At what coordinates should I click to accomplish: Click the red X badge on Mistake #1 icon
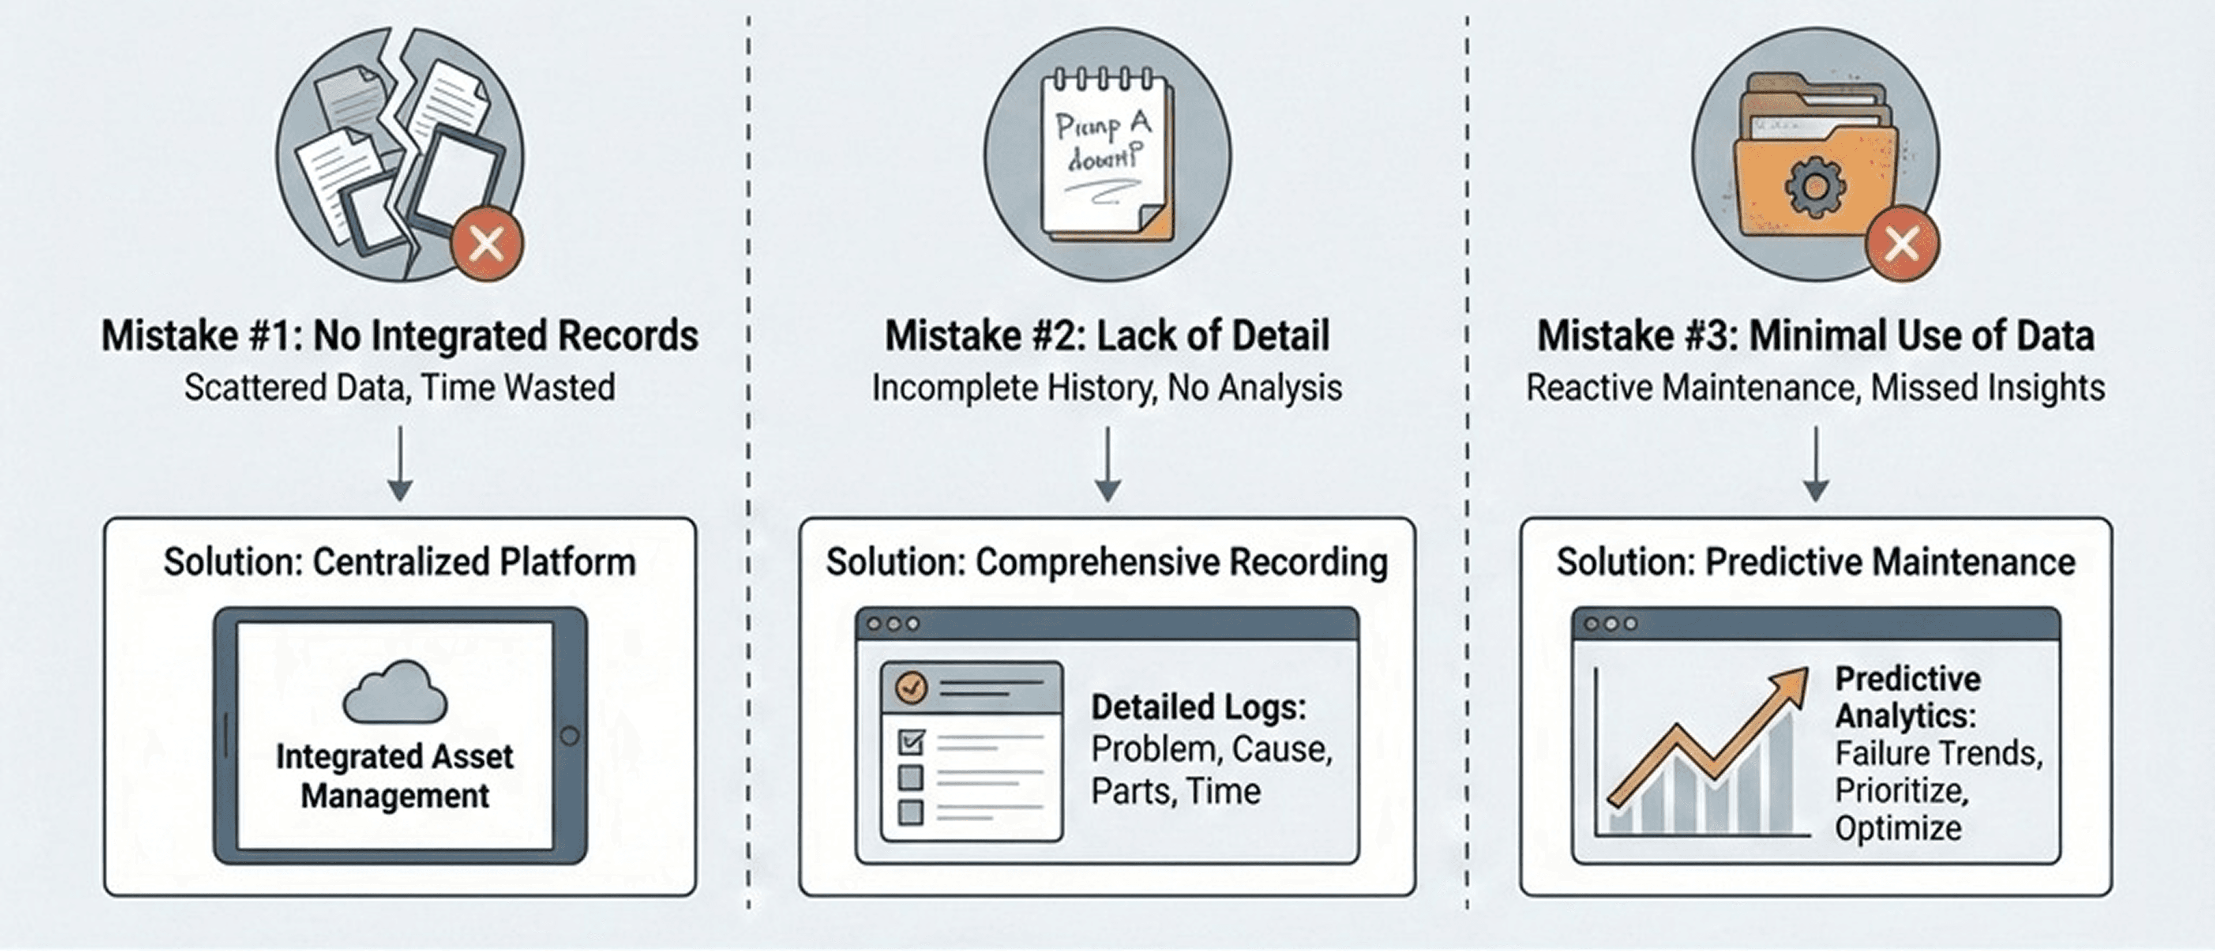point(487,244)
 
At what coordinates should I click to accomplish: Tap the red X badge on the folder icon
point(1902,244)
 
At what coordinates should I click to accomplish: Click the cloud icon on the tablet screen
point(395,692)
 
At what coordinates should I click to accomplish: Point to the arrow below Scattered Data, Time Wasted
point(400,464)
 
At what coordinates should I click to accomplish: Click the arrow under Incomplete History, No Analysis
point(1107,464)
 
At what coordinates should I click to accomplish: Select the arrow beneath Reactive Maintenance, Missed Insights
point(1815,464)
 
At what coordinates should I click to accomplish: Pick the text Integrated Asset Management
point(395,776)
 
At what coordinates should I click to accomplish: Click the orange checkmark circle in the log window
point(911,687)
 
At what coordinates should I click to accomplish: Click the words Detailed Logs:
point(1199,708)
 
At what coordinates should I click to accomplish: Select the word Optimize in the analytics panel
point(1898,829)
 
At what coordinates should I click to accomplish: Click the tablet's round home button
point(569,736)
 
